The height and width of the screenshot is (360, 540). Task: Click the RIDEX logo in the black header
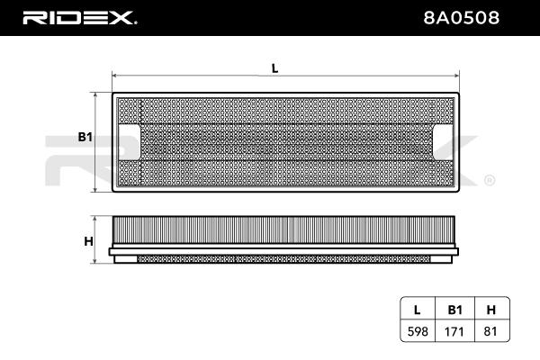point(79,18)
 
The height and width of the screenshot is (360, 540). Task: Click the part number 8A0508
point(461,18)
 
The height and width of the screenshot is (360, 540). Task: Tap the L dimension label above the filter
point(274,68)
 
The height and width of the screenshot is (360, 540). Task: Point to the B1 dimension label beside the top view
point(85,137)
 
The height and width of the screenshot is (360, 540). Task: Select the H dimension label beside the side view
point(88,241)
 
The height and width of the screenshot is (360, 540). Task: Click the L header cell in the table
point(417,310)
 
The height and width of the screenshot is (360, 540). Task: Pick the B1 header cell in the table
point(454,310)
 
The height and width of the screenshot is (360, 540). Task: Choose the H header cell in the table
point(491,310)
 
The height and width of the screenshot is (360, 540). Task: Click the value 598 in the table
point(418,331)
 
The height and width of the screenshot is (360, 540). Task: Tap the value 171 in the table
point(454,331)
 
